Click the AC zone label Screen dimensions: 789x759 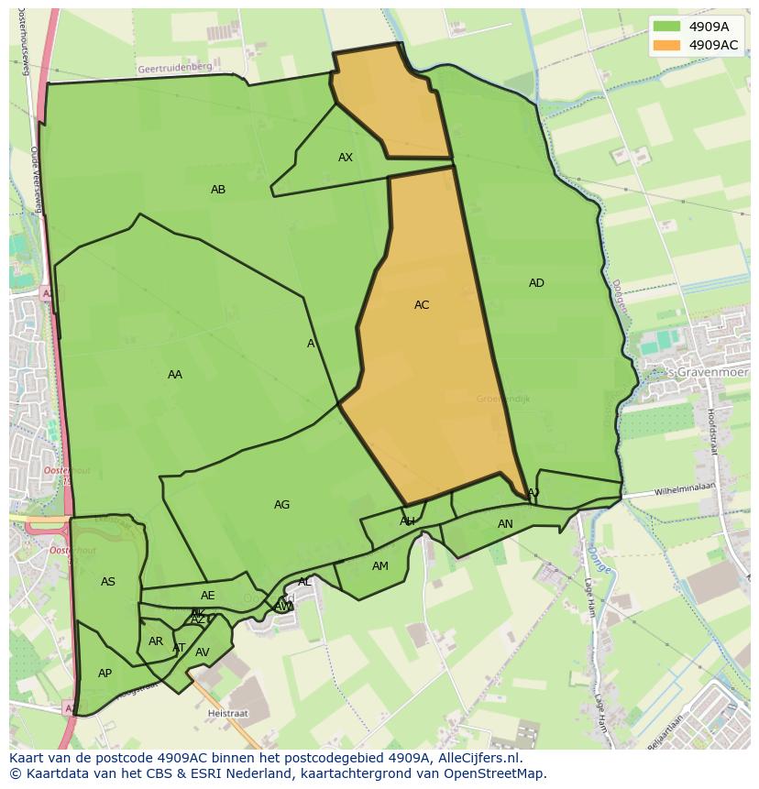coord(422,305)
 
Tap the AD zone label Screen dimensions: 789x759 coord(536,283)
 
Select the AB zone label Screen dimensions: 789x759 coord(218,190)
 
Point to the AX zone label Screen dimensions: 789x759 coord(346,158)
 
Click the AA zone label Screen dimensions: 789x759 coord(175,375)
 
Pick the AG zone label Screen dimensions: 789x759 coord(281,505)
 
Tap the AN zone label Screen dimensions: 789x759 coord(505,524)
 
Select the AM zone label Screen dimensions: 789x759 coord(380,566)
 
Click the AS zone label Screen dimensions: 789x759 coord(108,582)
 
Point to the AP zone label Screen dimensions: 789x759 coord(104,674)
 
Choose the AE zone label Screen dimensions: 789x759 coord(208,596)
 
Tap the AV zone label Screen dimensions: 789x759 coord(203,652)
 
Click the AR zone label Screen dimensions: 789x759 coord(156,641)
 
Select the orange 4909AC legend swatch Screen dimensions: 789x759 coord(667,44)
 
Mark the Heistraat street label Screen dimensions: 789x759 coord(229,711)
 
